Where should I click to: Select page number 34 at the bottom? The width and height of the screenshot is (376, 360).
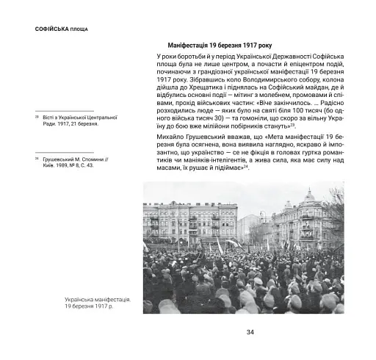250,332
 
